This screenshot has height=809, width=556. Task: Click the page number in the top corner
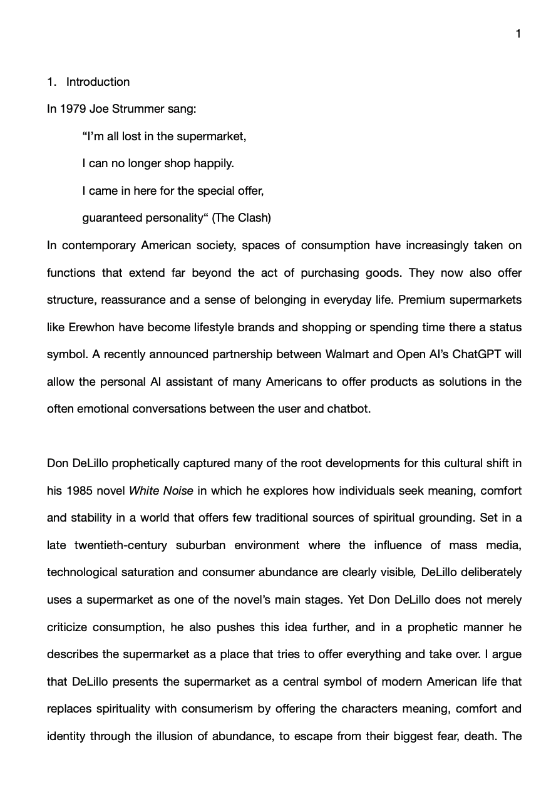point(518,34)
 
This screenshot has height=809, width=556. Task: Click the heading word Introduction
point(98,82)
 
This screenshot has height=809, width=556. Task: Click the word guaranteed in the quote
point(112,218)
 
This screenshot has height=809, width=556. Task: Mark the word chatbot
point(348,409)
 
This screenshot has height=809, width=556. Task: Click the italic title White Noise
point(161,491)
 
